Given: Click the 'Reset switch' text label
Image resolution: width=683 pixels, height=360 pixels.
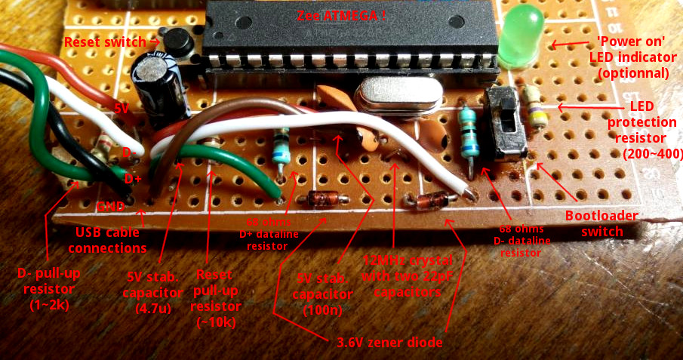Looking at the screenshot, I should click(107, 42).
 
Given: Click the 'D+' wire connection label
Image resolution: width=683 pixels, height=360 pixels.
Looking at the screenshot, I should click(133, 179).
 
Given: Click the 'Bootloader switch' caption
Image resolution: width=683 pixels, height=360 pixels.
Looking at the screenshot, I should click(601, 223).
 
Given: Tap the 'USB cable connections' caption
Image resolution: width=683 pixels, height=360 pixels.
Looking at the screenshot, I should click(110, 240).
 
